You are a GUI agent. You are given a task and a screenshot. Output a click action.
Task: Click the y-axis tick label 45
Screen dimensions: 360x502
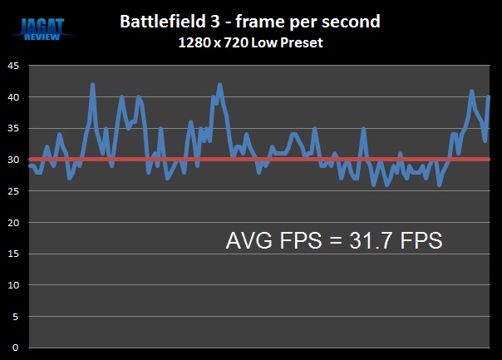(13, 66)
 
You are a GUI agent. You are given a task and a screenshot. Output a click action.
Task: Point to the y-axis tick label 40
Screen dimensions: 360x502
(13, 97)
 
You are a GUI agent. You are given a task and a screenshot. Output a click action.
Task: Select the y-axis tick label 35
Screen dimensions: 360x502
(13, 128)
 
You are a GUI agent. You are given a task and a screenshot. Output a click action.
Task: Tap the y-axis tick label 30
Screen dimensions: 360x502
(13, 160)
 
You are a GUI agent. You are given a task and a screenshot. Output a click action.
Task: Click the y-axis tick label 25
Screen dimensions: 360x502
(13, 191)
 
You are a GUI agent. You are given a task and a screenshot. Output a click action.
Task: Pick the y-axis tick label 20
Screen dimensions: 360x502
(13, 222)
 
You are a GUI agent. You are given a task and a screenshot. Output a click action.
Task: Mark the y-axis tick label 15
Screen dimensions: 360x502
(13, 254)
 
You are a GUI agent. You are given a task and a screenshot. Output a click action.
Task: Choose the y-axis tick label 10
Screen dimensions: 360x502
(13, 285)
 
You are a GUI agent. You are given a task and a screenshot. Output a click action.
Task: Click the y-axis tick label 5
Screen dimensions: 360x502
(16, 316)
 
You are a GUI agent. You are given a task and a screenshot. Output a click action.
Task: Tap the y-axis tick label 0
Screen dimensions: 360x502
(16, 347)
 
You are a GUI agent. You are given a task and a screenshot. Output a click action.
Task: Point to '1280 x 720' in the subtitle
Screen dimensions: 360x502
(212, 43)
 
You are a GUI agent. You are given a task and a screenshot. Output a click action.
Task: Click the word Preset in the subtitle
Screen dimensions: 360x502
(299, 43)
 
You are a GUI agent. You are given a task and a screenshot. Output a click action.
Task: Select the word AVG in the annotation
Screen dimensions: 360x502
(248, 241)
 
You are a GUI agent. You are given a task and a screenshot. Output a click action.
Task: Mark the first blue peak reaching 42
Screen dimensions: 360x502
(92, 85)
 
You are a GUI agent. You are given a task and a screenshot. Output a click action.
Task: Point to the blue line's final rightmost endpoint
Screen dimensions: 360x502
(489, 97)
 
